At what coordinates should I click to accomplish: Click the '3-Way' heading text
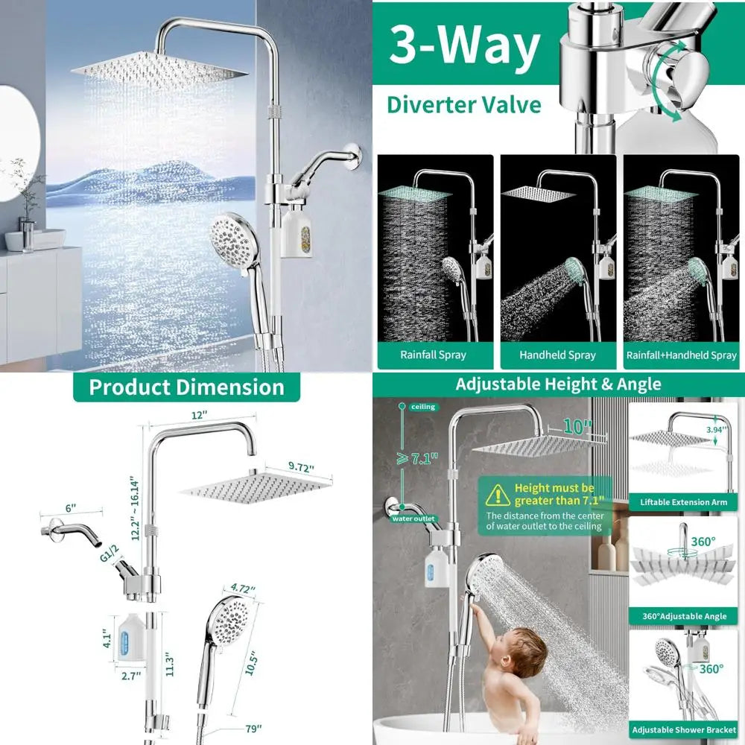(x=465, y=45)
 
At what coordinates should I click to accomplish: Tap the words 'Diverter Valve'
(x=463, y=105)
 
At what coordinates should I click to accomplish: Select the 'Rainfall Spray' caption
(x=433, y=355)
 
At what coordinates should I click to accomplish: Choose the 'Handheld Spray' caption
(x=557, y=355)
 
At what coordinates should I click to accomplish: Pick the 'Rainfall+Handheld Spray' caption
(x=682, y=355)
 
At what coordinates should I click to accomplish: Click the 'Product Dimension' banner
(x=187, y=387)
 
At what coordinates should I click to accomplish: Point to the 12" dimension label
(x=199, y=415)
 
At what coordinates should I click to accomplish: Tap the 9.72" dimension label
(x=301, y=467)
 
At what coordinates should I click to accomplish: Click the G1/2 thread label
(x=110, y=554)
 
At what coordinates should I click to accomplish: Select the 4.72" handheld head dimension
(x=243, y=589)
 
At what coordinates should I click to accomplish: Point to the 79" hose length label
(x=254, y=729)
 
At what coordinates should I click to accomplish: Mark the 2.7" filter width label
(x=131, y=676)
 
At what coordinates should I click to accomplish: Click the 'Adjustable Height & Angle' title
(x=558, y=384)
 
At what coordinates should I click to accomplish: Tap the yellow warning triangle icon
(x=498, y=495)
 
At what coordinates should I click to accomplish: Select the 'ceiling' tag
(x=423, y=407)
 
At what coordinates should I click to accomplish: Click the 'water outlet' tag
(x=413, y=519)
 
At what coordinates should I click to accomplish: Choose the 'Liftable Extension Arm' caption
(x=683, y=502)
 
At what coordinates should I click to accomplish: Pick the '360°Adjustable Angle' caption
(x=684, y=616)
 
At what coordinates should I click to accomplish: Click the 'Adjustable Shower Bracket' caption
(x=684, y=730)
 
